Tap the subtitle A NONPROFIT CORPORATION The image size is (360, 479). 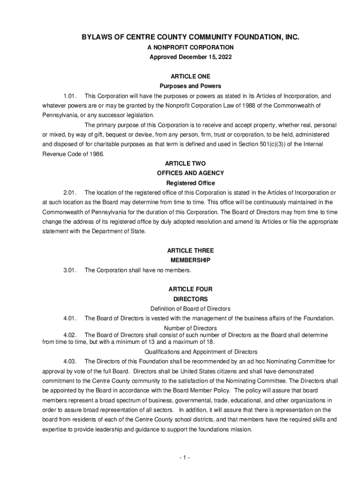(190, 47)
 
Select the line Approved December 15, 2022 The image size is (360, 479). (190, 57)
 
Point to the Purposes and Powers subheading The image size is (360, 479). (190, 86)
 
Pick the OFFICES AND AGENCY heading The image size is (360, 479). (190, 174)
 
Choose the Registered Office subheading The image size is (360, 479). (190, 183)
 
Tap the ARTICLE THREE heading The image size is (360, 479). (190, 251)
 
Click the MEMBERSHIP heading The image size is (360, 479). (190, 260)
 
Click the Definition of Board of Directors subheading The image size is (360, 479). (190, 309)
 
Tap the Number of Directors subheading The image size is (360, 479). (190, 328)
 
